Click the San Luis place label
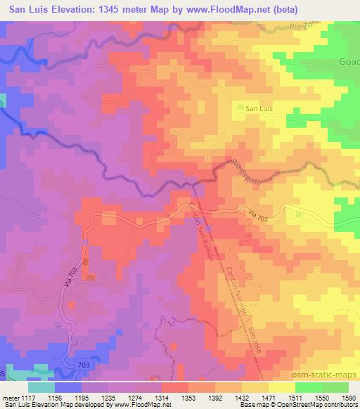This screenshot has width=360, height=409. [253, 108]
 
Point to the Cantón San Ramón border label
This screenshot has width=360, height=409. [202, 230]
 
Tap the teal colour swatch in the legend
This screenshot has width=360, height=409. [41, 387]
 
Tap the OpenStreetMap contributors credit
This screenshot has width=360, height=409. [321, 405]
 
